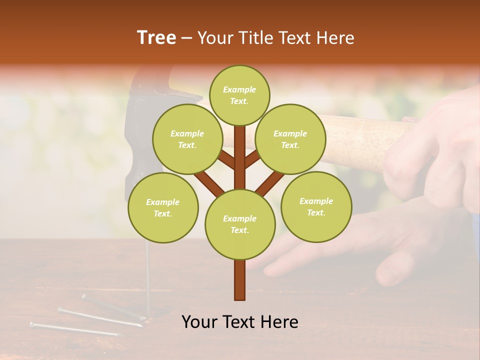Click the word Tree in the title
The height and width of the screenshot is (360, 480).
click(x=156, y=37)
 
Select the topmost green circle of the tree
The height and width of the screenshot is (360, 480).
click(x=239, y=95)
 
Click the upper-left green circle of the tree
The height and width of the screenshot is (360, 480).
click(x=187, y=139)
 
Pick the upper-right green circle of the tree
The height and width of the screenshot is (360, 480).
click(x=290, y=139)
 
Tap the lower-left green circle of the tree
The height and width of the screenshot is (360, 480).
click(x=163, y=207)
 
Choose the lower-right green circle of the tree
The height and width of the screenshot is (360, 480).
click(x=316, y=206)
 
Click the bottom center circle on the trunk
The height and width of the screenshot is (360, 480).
click(x=239, y=224)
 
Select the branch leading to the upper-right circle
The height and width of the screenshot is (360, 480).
click(x=253, y=160)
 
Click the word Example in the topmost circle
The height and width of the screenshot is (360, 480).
click(x=239, y=89)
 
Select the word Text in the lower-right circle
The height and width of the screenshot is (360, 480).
click(x=316, y=212)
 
